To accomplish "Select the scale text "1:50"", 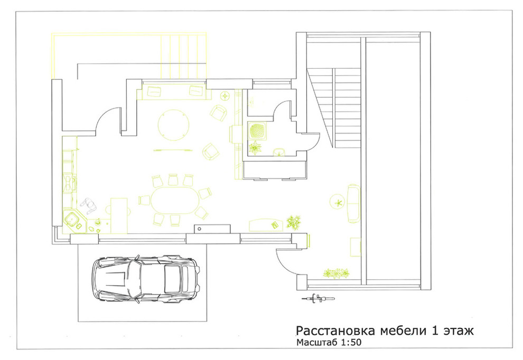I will [x=348, y=343].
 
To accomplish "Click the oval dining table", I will [x=175, y=201].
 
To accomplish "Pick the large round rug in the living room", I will [x=173, y=125].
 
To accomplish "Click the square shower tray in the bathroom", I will [x=257, y=130].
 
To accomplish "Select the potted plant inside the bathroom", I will [x=256, y=148].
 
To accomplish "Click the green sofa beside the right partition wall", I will [x=353, y=203].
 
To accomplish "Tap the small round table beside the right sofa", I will [x=337, y=201].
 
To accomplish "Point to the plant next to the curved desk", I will [x=294, y=222].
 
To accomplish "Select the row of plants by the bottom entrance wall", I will [x=337, y=273].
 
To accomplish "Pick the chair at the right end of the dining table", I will [x=205, y=193].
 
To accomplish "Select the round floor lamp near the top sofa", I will [x=225, y=96].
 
